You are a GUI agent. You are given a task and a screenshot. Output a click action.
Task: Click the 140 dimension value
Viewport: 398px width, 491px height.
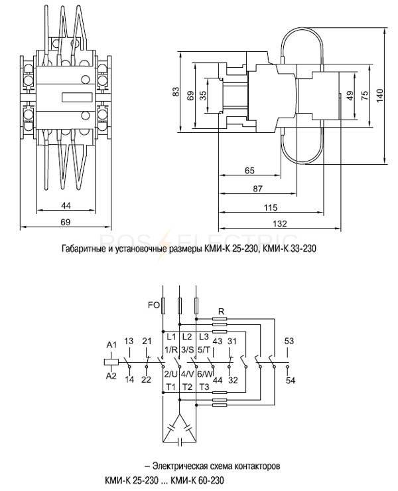pyautogui.click(x=379, y=96)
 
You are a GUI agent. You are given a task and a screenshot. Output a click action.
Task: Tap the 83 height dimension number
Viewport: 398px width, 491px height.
pyautogui.click(x=176, y=92)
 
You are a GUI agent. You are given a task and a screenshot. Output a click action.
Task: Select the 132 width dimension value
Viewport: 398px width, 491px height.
pyautogui.click(x=279, y=224)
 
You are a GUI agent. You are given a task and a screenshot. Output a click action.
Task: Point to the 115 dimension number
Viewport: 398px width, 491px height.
pyautogui.click(x=271, y=207)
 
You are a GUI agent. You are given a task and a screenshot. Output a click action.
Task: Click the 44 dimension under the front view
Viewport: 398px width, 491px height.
pyautogui.click(x=66, y=205)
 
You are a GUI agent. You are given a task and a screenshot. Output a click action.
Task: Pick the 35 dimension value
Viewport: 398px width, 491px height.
pyautogui.click(x=203, y=95)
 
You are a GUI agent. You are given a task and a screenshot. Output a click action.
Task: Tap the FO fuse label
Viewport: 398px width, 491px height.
pyautogui.click(x=154, y=305)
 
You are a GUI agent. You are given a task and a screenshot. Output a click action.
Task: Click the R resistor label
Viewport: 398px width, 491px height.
pyautogui.click(x=221, y=311)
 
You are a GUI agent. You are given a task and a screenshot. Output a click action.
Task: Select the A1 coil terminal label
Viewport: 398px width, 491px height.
pyautogui.click(x=111, y=345)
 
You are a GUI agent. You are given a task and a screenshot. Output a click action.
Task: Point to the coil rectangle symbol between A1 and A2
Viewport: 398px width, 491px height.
pyautogui.click(x=111, y=362)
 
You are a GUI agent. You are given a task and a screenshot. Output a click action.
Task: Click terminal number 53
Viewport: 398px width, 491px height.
pyautogui.click(x=289, y=341)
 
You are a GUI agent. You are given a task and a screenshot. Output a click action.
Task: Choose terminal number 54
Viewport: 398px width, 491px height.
pyautogui.click(x=291, y=381)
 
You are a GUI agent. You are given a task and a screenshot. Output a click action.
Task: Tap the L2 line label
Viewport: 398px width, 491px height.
pyautogui.click(x=187, y=337)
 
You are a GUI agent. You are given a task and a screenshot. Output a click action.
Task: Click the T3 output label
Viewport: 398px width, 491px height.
pyautogui.click(x=204, y=387)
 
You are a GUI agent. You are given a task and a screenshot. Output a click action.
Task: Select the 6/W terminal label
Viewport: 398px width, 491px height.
pyautogui.click(x=205, y=374)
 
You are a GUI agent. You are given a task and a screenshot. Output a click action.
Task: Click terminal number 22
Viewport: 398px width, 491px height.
pyautogui.click(x=146, y=380)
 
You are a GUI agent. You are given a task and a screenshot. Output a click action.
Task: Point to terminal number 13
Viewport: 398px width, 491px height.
pyautogui.click(x=129, y=341)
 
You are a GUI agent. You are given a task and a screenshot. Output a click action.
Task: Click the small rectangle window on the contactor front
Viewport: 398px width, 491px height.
pyautogui.click(x=77, y=98)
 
